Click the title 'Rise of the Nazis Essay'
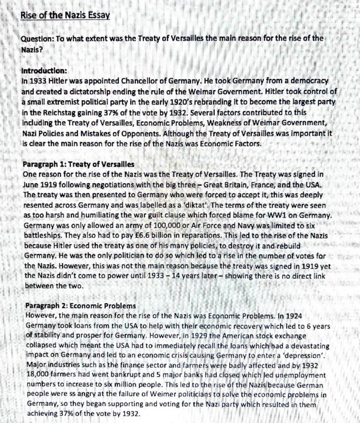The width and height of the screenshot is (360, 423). click(x=65, y=17)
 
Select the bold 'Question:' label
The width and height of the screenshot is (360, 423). click(x=37, y=38)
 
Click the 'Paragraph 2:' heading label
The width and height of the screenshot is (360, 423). click(x=46, y=305)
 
